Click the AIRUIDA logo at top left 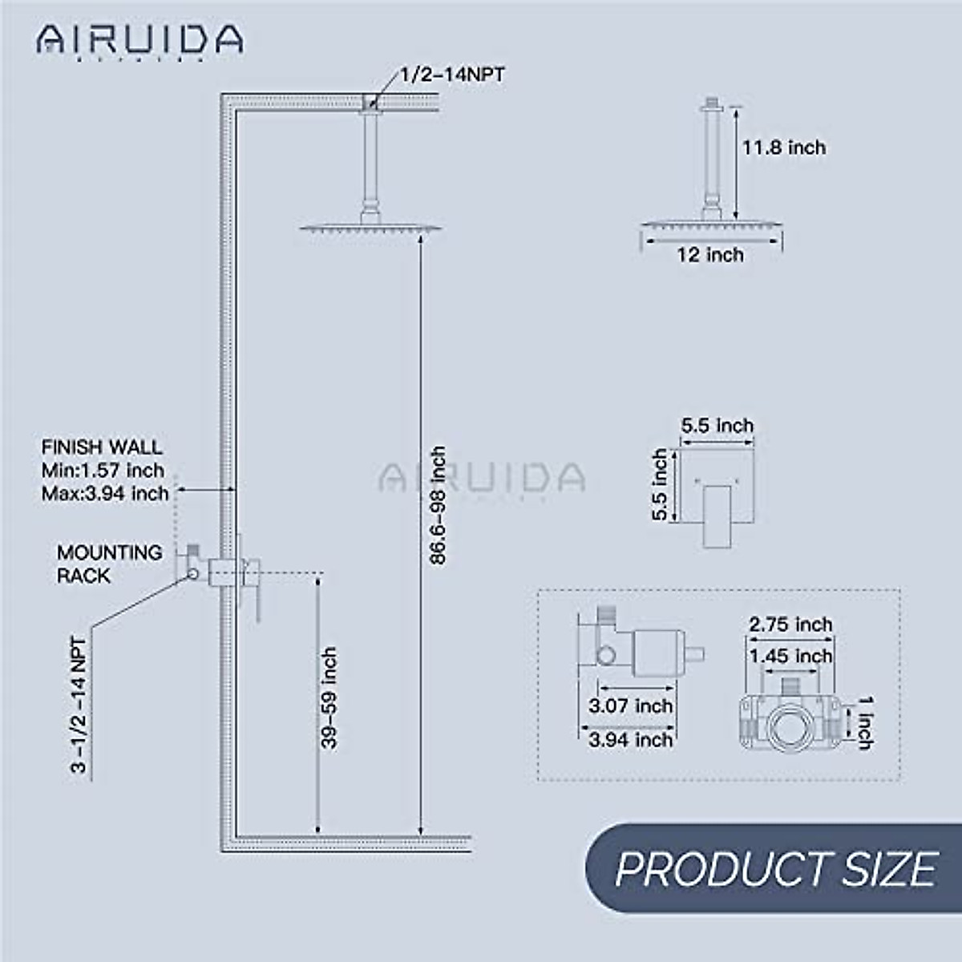(139, 39)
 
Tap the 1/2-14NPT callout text (453, 75)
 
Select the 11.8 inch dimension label (783, 148)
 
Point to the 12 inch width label (710, 255)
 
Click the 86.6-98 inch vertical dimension (438, 505)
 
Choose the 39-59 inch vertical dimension (329, 697)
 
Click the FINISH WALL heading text (102, 447)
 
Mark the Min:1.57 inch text (103, 471)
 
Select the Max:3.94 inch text (105, 493)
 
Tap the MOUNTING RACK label (109, 564)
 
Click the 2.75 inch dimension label (790, 624)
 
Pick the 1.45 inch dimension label (790, 657)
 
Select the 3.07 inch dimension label (630, 706)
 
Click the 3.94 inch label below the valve (630, 739)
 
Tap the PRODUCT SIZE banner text (776, 868)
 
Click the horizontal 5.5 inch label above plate (717, 426)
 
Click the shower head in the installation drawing (370, 228)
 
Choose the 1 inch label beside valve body (866, 723)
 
